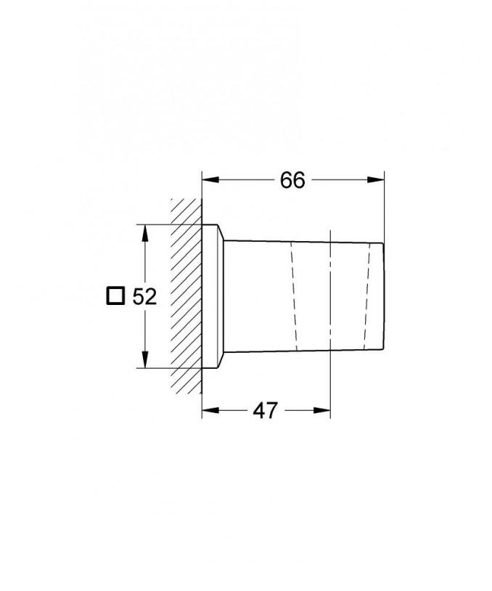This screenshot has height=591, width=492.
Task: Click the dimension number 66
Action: pos(292,180)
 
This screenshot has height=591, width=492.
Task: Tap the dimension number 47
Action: pos(265,410)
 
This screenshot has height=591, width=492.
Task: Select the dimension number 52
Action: pos(144,297)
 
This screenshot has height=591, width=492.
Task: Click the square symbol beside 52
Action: pos(115,296)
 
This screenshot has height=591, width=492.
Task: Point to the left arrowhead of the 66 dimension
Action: pos(210,180)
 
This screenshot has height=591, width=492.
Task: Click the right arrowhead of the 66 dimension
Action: pos(376,180)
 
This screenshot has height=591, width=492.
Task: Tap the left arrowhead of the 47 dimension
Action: pos(210,410)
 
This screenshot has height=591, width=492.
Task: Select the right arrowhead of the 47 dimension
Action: pos(321,410)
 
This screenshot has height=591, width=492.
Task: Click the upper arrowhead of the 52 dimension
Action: pos(144,233)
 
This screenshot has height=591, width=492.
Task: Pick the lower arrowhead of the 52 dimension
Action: pos(144,359)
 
